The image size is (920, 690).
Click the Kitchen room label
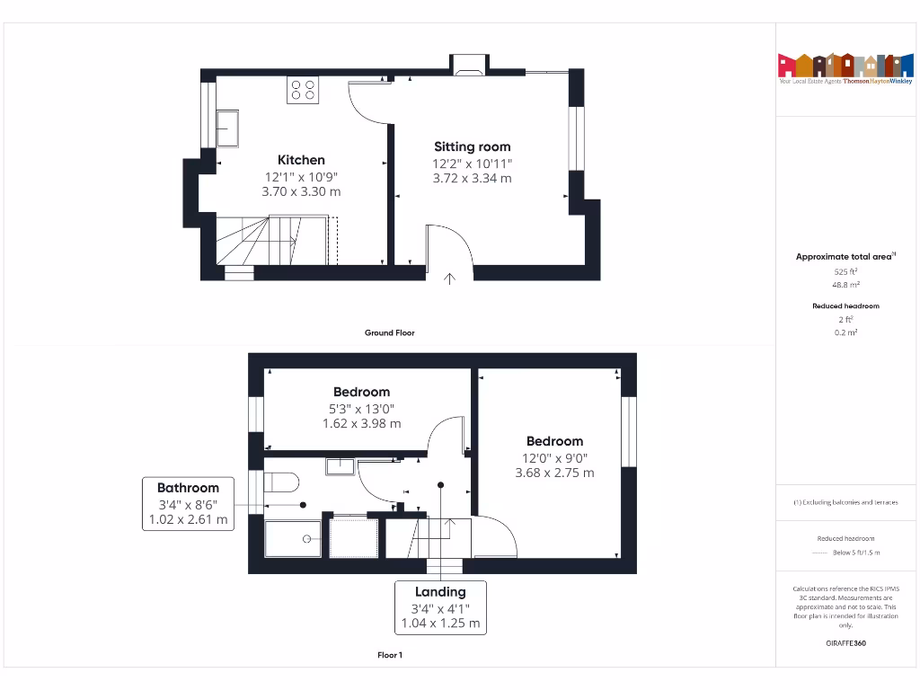coord(301,160)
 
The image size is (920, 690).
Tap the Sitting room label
coord(472,146)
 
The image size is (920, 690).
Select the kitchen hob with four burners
coord(303,90)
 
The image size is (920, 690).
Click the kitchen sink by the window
coord(226,128)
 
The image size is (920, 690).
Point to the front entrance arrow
coord(450,279)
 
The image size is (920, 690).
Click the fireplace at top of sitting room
coord(468,64)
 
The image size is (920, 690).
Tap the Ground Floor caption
coord(389,332)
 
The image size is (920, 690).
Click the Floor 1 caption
coord(389,655)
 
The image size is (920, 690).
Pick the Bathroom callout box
coord(189,504)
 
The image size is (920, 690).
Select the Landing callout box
coord(440,607)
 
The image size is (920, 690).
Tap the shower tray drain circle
coord(307,539)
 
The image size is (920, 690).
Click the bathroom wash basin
coord(340,465)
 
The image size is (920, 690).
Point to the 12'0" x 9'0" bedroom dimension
coord(554,457)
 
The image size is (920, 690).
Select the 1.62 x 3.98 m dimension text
coord(361,423)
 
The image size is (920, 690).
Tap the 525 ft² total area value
coord(845,270)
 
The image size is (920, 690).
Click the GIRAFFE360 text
coord(845,643)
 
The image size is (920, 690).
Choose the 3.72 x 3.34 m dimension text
coord(472,178)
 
